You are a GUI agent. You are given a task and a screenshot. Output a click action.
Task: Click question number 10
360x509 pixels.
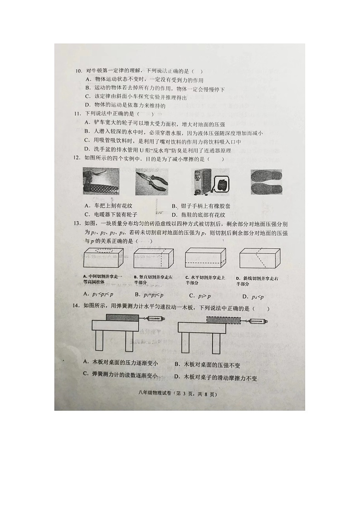coord(78,72)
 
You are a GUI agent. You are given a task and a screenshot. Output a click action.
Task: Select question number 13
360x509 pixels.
coord(78,223)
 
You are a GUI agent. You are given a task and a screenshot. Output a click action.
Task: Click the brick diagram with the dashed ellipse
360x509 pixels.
coord(104,258)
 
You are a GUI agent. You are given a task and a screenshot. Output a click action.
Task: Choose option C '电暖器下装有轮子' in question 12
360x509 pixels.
coord(112,214)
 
